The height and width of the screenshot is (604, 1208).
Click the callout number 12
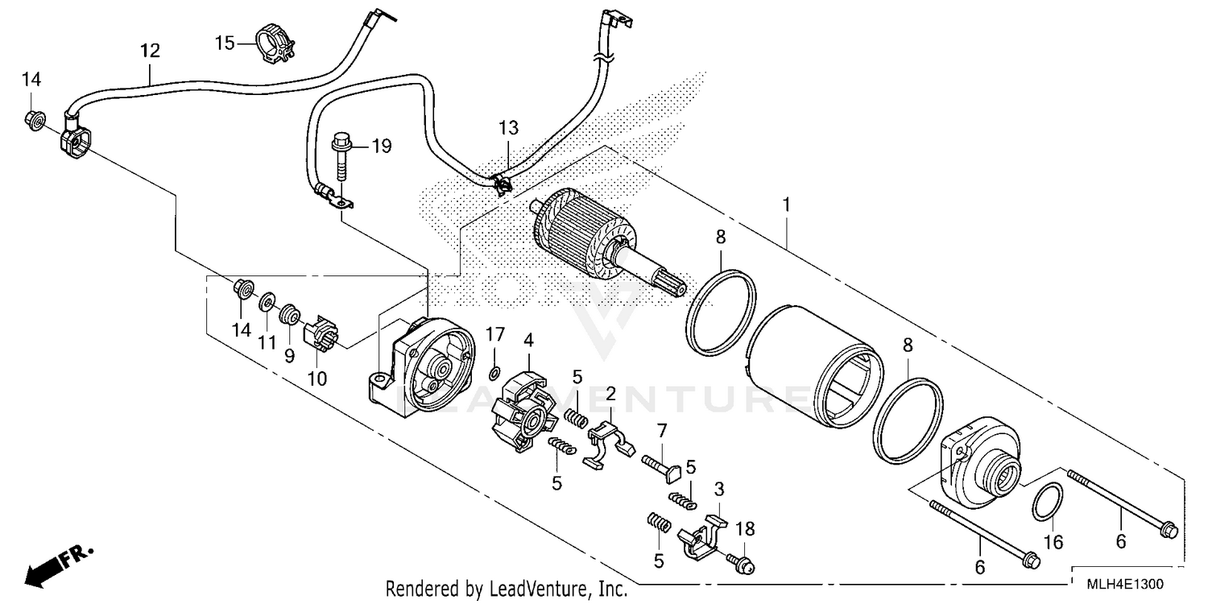click(x=150, y=51)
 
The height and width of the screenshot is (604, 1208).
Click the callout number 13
click(x=508, y=127)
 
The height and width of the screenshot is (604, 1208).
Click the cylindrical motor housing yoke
click(x=813, y=366)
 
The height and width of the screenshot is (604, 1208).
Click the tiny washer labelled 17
click(x=495, y=373)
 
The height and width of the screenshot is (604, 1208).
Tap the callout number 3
click(x=719, y=488)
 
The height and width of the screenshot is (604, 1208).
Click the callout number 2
click(x=610, y=395)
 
